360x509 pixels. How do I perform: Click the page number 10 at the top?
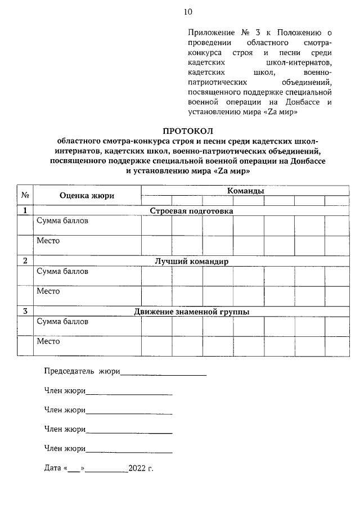[187, 12]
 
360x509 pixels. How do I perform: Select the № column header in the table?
[25, 195]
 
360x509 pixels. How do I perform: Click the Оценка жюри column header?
[87, 195]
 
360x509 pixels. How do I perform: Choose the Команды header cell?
[245, 191]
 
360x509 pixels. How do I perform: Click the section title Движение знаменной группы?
[191, 312]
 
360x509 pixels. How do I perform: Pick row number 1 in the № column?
[25, 211]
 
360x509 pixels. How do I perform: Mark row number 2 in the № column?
[25, 262]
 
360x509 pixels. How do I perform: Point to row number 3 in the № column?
[25, 312]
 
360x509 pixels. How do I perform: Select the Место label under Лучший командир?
[48, 291]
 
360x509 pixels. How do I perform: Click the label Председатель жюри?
[82, 371]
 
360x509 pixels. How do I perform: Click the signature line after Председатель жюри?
[163, 373]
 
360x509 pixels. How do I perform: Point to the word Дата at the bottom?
[53, 468]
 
